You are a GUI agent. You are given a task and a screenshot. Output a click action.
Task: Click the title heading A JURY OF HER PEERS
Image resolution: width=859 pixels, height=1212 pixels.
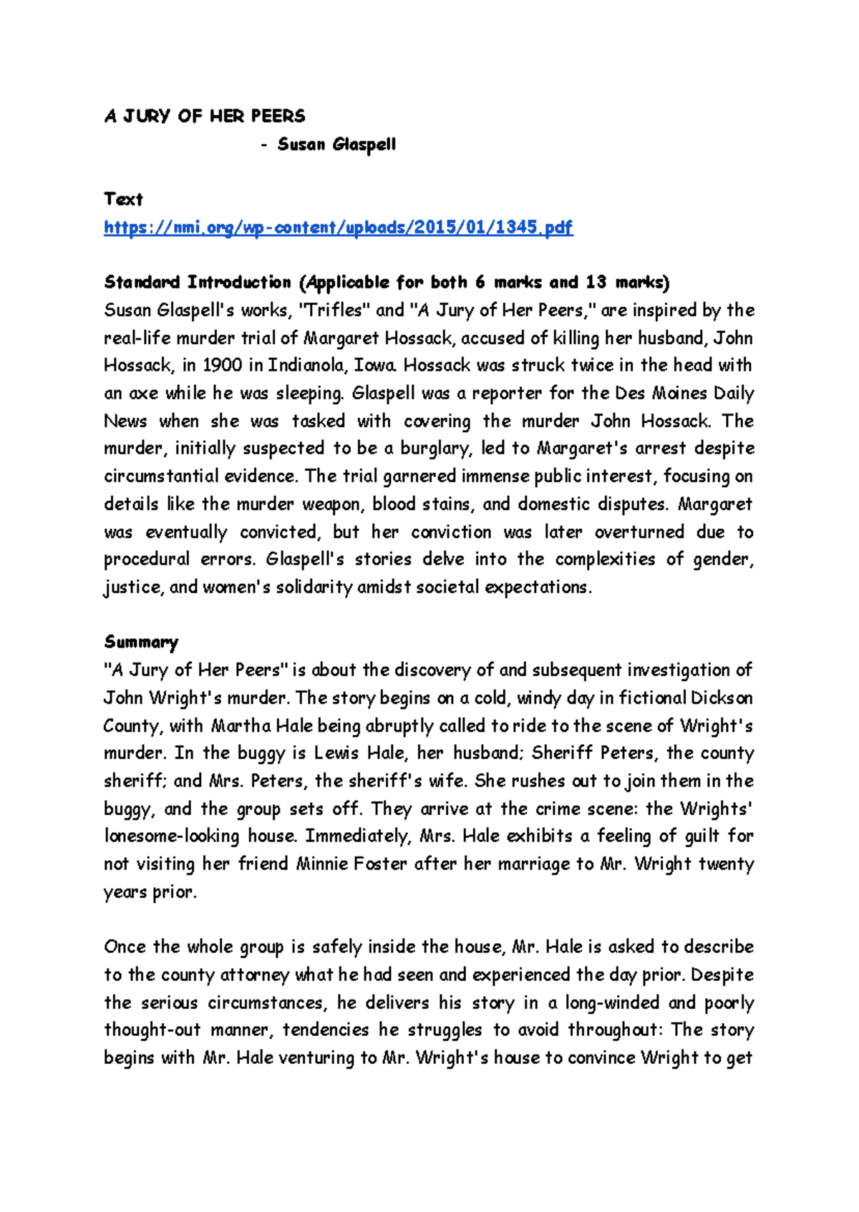pos(205,116)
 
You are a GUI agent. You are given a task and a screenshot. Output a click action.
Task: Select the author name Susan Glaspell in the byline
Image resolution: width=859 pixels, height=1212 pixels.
pos(336,145)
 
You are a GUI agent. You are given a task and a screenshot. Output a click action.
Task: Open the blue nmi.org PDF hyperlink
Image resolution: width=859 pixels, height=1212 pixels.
pos(338,228)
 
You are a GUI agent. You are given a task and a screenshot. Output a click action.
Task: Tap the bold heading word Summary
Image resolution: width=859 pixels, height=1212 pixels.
pos(141,642)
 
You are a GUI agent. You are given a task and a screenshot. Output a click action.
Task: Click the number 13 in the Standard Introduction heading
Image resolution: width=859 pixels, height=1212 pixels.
pos(596,283)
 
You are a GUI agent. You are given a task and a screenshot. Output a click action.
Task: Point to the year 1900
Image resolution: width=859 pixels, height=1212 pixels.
pos(223,366)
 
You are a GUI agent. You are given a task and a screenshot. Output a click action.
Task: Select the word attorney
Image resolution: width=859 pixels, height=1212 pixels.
pos(254,975)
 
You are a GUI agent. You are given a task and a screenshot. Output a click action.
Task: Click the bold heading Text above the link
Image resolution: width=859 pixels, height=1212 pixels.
pos(123,200)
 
